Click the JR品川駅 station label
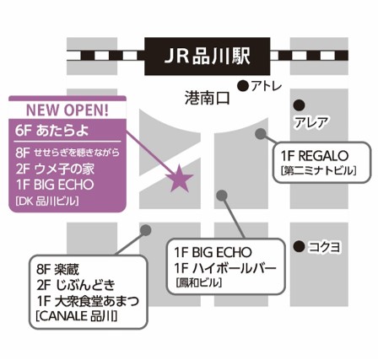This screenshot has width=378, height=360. click(208, 56)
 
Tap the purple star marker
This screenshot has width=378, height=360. click(179, 179)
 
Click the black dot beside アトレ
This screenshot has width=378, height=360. click(243, 86)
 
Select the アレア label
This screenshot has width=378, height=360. click(311, 122)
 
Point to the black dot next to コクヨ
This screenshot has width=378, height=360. click(299, 246)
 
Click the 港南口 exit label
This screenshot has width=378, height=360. click(208, 99)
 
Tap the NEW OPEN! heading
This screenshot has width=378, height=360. click(67, 110)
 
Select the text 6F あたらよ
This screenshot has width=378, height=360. click(52, 131)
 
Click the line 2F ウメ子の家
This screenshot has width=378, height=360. click(55, 169)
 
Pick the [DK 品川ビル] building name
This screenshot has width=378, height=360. click(47, 201)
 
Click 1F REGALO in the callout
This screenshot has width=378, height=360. click(315, 156)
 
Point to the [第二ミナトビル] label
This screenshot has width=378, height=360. click(319, 170)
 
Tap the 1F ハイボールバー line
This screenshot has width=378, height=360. click(225, 268)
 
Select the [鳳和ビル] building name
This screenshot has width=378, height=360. click(199, 282)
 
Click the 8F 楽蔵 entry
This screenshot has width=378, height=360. click(57, 270)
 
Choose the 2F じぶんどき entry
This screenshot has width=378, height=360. click(76, 285)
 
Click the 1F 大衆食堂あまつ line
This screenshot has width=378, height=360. click(88, 301)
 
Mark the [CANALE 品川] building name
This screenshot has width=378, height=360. click(77, 316)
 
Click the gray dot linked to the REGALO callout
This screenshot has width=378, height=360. click(261, 133)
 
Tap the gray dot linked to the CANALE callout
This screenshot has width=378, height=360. click(145, 230)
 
